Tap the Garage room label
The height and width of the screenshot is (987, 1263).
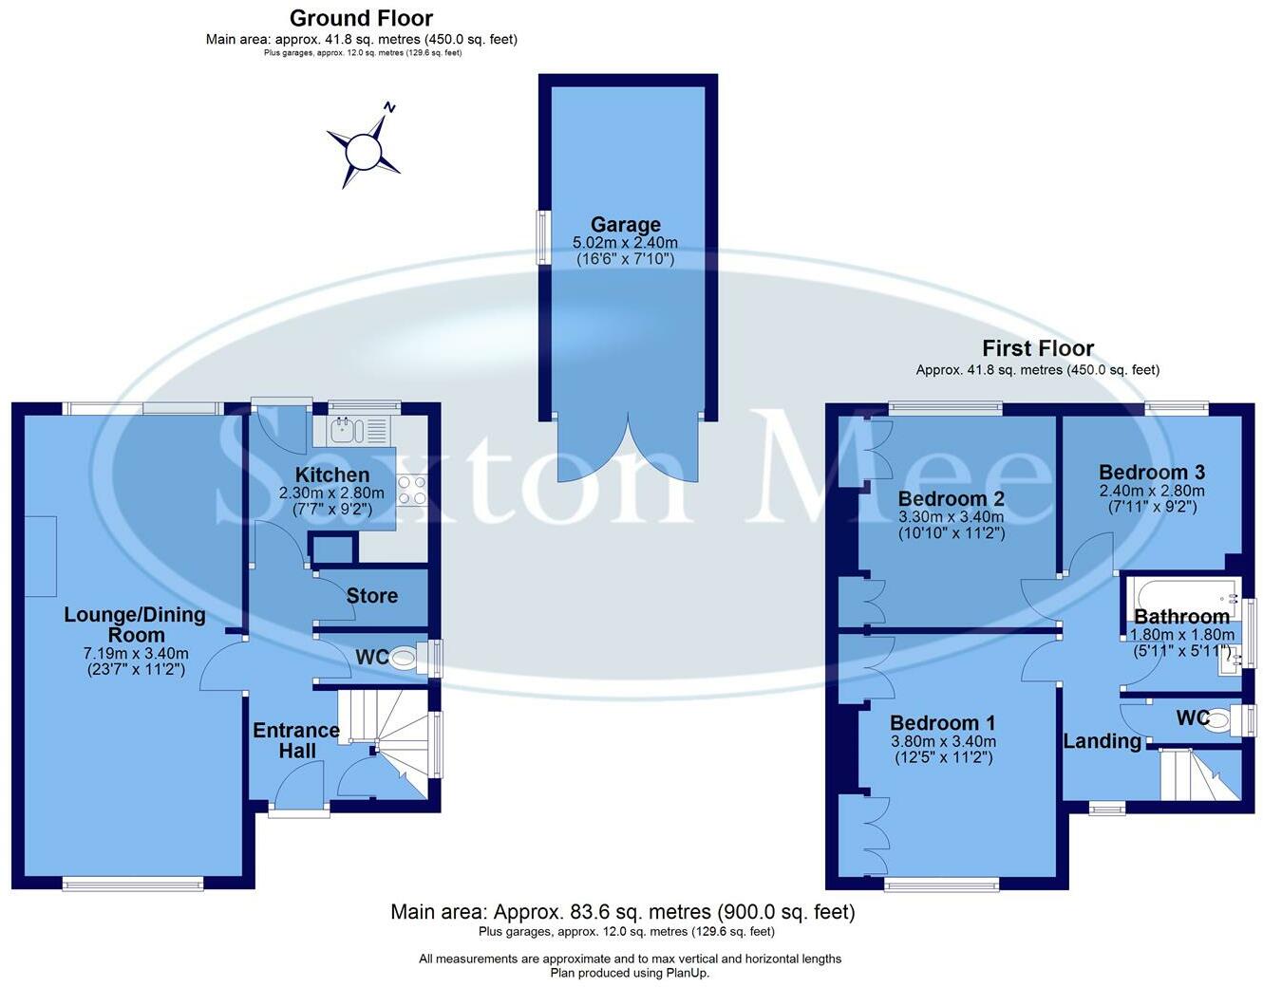[625, 225]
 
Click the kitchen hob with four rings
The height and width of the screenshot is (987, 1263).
[411, 491]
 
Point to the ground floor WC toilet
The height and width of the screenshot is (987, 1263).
[405, 658]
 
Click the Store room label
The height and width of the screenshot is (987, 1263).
[371, 596]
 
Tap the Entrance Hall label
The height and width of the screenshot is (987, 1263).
[295, 740]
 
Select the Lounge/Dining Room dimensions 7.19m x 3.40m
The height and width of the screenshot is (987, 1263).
[135, 653]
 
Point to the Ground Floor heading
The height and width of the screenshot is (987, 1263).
[361, 18]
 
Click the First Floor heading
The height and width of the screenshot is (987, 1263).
[1037, 348]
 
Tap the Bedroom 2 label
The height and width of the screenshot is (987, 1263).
[951, 499]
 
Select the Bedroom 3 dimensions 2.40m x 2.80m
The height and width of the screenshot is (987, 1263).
[1151, 491]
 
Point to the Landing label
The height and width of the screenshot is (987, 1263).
[1102, 741]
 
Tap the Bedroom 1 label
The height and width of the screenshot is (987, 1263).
[942, 723]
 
